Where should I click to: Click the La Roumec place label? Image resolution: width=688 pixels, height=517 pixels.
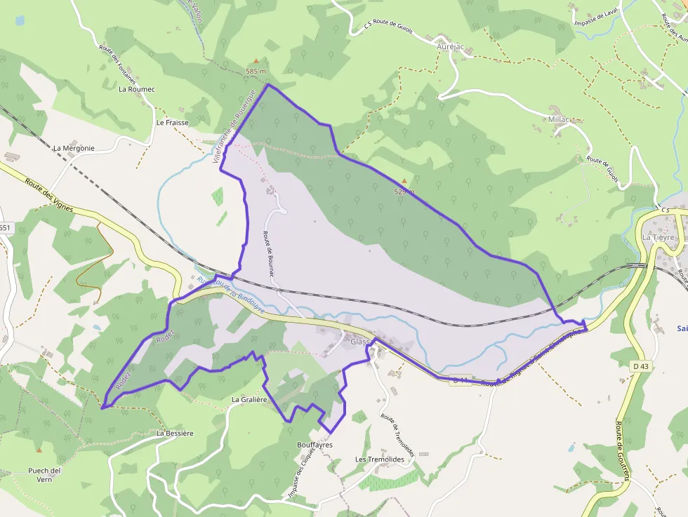136,89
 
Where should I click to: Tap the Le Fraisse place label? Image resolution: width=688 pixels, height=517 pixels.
169,122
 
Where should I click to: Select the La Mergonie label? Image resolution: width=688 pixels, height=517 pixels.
74,148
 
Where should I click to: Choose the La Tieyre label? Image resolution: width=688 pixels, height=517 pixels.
658,237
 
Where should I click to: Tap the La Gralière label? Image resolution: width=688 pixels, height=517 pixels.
250,399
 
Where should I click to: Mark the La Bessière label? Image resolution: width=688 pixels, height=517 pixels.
175,433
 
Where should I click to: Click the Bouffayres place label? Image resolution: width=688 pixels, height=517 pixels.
315,445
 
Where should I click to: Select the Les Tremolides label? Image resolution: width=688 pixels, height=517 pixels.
380,459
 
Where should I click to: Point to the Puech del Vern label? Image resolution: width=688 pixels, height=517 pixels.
45,474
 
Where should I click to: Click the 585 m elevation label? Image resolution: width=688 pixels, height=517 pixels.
256,72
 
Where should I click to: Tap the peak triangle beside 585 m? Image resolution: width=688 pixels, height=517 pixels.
256,61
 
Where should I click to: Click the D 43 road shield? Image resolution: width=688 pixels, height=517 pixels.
640,366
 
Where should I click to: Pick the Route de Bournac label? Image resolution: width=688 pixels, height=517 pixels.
267,254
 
